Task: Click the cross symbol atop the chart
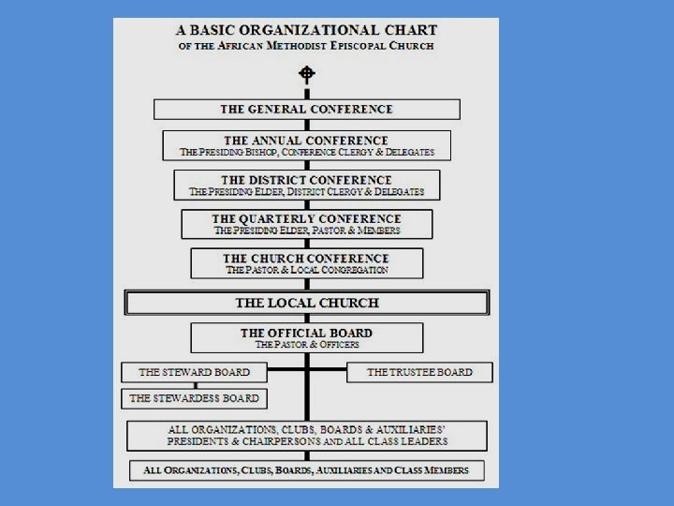click(x=306, y=73)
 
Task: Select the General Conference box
click(x=306, y=110)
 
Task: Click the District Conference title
click(x=306, y=179)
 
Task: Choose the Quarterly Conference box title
click(x=306, y=218)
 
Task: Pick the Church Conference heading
click(x=306, y=258)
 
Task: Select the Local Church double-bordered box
click(x=306, y=303)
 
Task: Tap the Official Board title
click(x=306, y=333)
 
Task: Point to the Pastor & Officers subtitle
click(x=306, y=345)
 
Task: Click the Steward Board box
click(x=194, y=372)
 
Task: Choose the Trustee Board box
click(x=419, y=372)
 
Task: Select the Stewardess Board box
click(x=194, y=398)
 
